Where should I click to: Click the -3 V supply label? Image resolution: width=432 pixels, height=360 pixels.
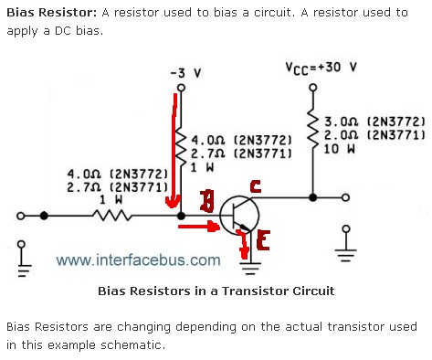[185, 73]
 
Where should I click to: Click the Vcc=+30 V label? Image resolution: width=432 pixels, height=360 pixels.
[321, 68]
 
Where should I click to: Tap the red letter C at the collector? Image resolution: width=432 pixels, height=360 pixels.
[256, 186]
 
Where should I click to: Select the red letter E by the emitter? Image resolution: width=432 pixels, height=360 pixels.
[263, 239]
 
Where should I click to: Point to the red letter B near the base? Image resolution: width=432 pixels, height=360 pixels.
[207, 201]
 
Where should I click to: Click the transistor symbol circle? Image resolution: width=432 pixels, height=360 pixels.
[239, 216]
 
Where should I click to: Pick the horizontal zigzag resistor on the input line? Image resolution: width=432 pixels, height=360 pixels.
[111, 216]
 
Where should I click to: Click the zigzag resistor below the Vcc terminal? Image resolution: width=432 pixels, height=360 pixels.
[312, 128]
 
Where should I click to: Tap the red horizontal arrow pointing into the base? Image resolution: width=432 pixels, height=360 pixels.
[198, 227]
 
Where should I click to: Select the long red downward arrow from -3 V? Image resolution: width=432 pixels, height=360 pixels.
[174, 151]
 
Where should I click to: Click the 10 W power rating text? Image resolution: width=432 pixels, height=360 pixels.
[339, 149]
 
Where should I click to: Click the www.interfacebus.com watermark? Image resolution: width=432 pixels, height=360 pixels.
[138, 260]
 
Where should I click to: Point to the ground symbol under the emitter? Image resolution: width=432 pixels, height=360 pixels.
[250, 269]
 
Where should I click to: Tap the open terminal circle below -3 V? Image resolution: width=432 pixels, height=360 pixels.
[181, 88]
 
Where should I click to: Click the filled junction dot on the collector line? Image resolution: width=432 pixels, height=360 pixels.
[312, 197]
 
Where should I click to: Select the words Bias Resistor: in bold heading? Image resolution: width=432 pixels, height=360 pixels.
[51, 13]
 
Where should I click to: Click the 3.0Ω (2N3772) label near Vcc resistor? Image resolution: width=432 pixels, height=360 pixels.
[374, 122]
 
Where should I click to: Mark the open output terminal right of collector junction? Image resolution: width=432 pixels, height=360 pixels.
[345, 197]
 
